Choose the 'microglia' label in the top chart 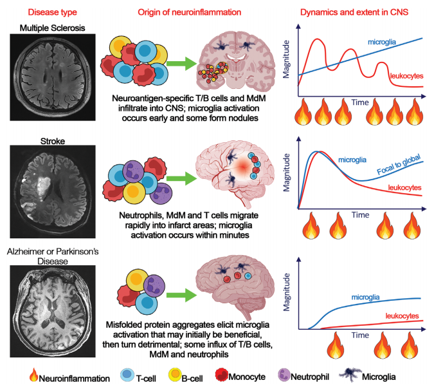pos(383,42)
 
